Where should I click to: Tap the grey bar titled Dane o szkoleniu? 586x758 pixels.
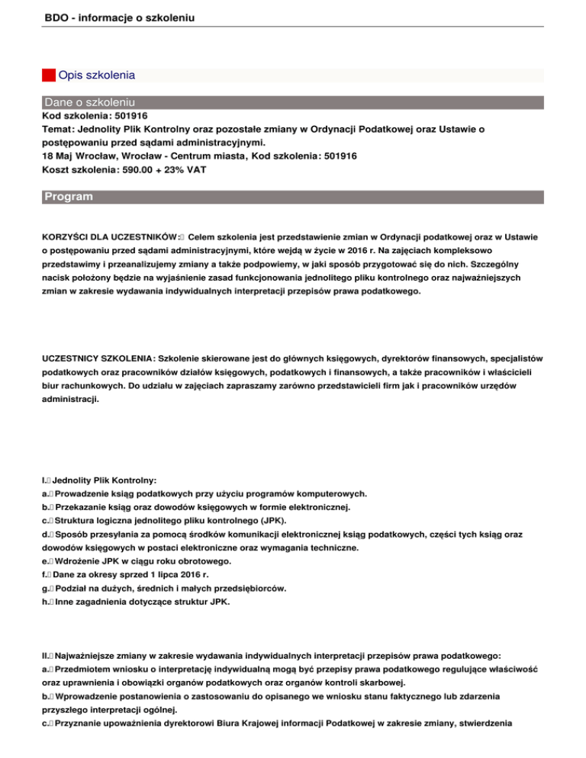[90, 101]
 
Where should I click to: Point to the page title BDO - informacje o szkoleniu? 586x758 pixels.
[118, 16]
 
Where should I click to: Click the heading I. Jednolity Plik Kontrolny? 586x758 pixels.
[99, 480]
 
